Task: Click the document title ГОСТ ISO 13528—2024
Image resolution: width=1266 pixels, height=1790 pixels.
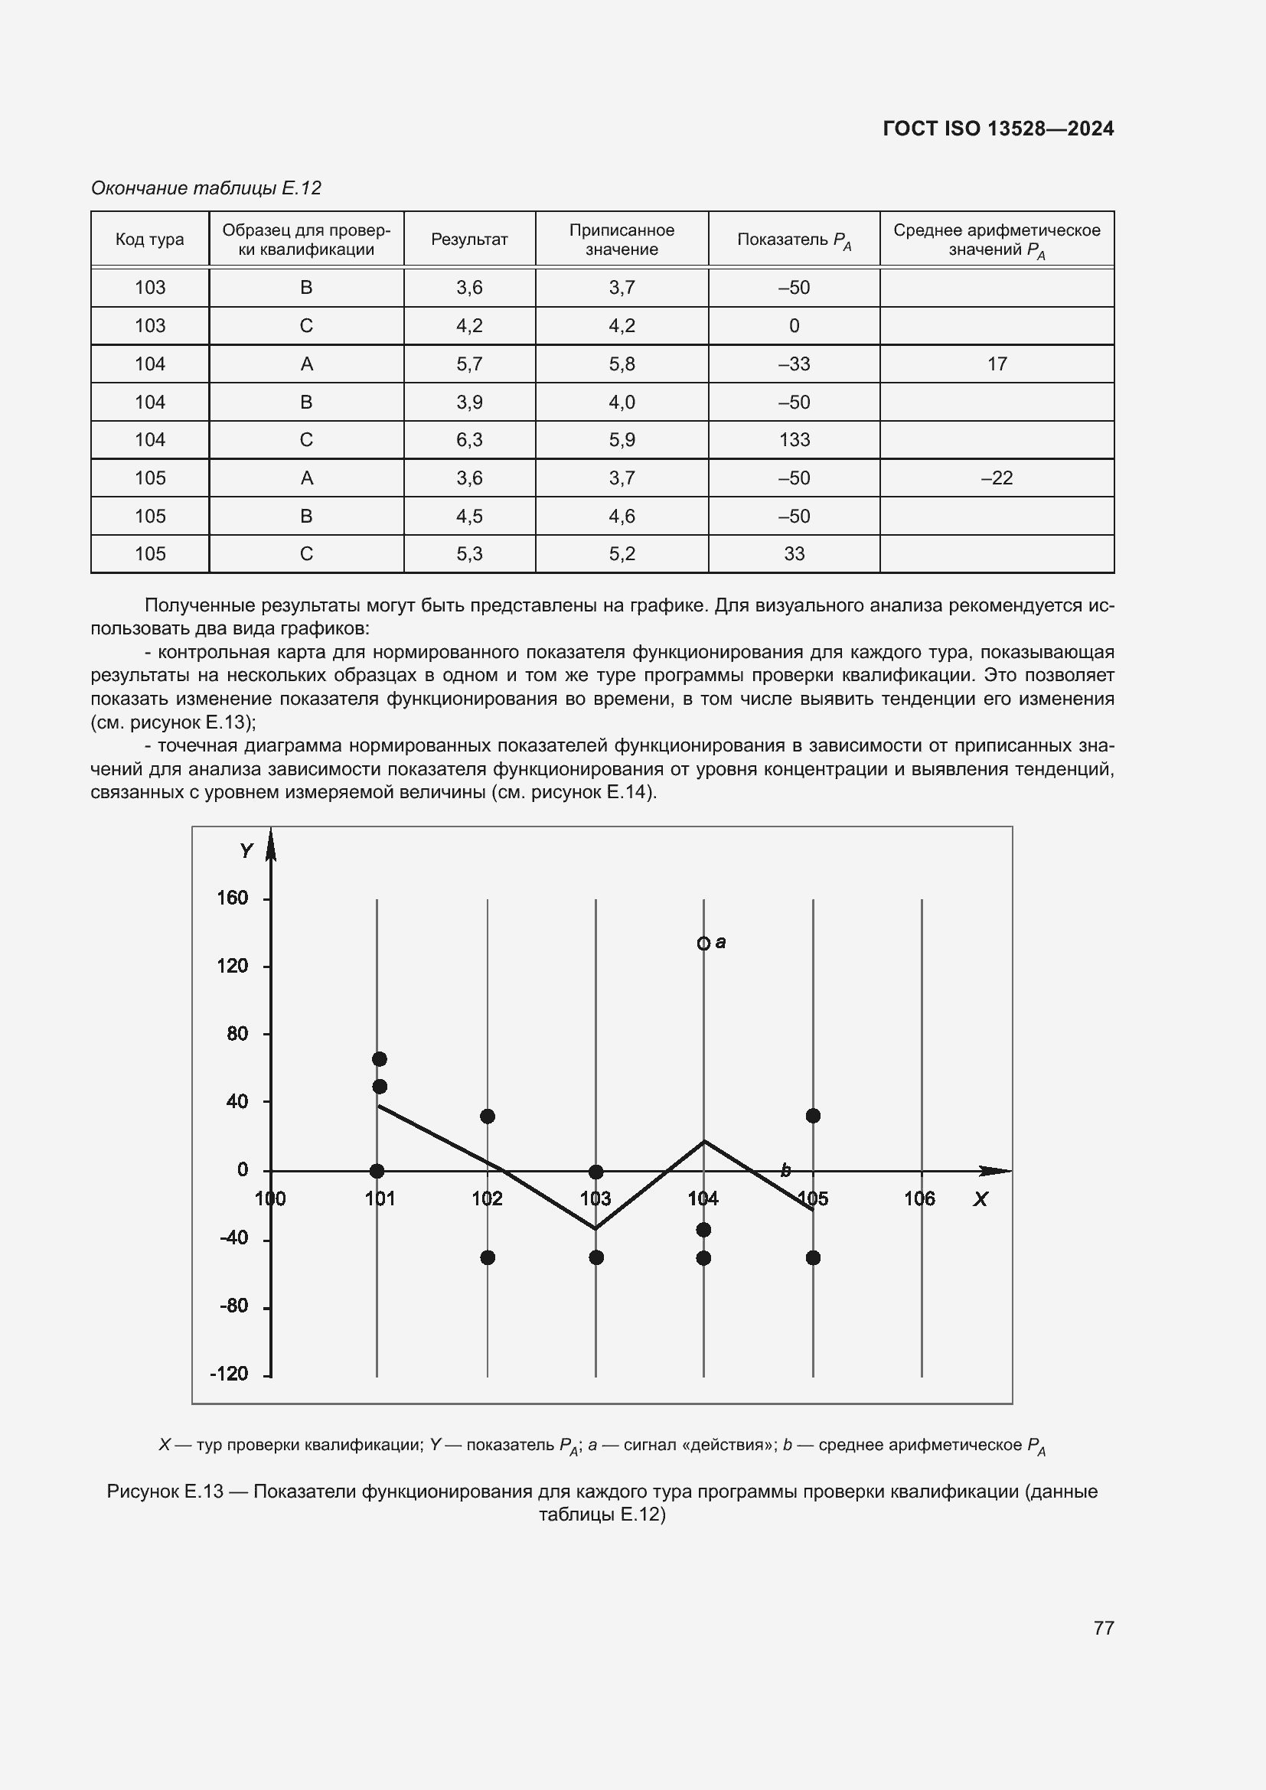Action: tap(998, 129)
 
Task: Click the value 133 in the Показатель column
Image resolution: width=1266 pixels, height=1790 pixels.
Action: tap(794, 440)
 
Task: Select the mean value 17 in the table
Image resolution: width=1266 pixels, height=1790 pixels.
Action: tap(997, 364)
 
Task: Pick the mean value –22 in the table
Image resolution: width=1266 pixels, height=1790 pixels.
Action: tap(997, 478)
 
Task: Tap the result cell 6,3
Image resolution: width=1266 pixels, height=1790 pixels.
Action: tap(469, 440)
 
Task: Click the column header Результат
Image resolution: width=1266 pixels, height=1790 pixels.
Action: tap(469, 240)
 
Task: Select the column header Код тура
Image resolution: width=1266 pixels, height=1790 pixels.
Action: tap(150, 240)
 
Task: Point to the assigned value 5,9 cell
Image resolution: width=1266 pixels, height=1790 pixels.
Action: tap(622, 440)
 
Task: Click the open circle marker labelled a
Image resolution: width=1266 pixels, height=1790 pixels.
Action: tap(703, 944)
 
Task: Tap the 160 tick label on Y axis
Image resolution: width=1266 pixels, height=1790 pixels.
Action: tap(233, 898)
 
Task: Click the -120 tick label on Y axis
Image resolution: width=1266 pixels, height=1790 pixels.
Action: tap(229, 1374)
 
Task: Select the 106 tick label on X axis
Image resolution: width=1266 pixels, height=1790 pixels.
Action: tap(919, 1198)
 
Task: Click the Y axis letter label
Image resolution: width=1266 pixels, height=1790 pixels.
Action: tap(246, 850)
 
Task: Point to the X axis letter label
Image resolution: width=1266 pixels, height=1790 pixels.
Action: tap(980, 1200)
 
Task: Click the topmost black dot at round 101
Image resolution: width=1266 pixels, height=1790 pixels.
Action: tap(380, 1058)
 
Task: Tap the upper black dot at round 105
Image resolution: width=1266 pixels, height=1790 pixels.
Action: tap(812, 1116)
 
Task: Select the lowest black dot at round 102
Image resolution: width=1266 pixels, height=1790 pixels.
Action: tap(488, 1257)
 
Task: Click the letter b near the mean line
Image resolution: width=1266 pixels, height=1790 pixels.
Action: tap(786, 1170)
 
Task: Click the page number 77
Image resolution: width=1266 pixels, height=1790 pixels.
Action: tap(1103, 1628)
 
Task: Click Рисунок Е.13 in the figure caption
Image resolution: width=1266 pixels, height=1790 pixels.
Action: tap(165, 1492)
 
